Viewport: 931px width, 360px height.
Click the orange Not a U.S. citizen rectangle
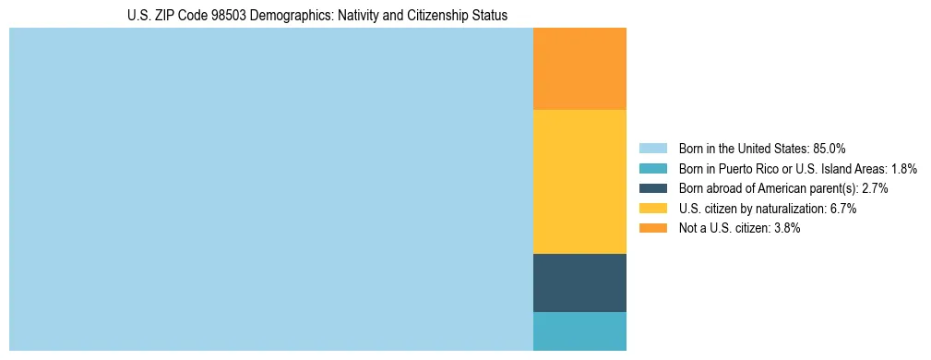[579, 69]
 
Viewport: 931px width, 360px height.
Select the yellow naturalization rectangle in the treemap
[579, 182]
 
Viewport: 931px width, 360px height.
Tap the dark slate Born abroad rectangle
[579, 282]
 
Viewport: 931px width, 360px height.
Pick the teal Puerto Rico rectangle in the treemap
[579, 331]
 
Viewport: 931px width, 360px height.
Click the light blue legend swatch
[652, 149]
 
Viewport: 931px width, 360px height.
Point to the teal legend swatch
[652, 169]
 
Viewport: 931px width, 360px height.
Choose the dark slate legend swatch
[652, 188]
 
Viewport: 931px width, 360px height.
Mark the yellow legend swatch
[652, 209]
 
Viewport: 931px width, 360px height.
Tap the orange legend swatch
[652, 228]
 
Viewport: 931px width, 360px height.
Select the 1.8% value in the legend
[904, 169]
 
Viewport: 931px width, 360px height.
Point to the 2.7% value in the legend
[875, 188]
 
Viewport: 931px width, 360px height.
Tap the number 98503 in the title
[229, 16]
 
